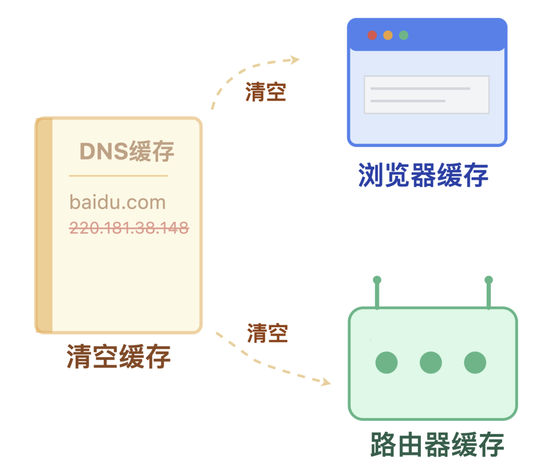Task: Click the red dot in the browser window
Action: (x=372, y=35)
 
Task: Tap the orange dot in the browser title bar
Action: (x=388, y=35)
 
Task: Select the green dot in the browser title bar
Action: (x=404, y=35)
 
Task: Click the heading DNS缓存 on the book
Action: (x=127, y=151)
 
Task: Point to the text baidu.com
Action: (x=118, y=202)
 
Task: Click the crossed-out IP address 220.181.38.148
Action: (x=129, y=227)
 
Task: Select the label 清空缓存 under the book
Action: (x=119, y=357)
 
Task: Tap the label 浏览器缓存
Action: (x=423, y=175)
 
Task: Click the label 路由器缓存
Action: (x=437, y=445)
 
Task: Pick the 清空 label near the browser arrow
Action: (x=266, y=93)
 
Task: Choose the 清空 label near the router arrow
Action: (x=267, y=333)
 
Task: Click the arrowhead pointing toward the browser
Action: (x=295, y=59)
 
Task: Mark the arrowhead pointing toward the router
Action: (x=326, y=382)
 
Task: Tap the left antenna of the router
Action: (x=377, y=293)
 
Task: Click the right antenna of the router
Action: (x=489, y=293)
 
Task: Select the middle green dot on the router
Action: (x=431, y=363)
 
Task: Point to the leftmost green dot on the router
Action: (x=386, y=363)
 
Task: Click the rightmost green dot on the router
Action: (x=475, y=363)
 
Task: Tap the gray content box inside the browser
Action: (x=427, y=95)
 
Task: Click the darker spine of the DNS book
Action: (x=44, y=225)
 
